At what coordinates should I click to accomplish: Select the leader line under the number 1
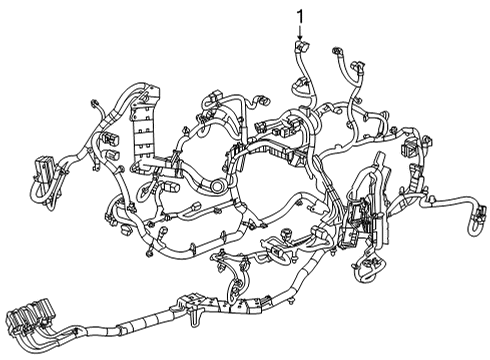(x=299, y=29)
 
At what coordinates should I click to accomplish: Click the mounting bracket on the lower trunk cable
(x=191, y=304)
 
